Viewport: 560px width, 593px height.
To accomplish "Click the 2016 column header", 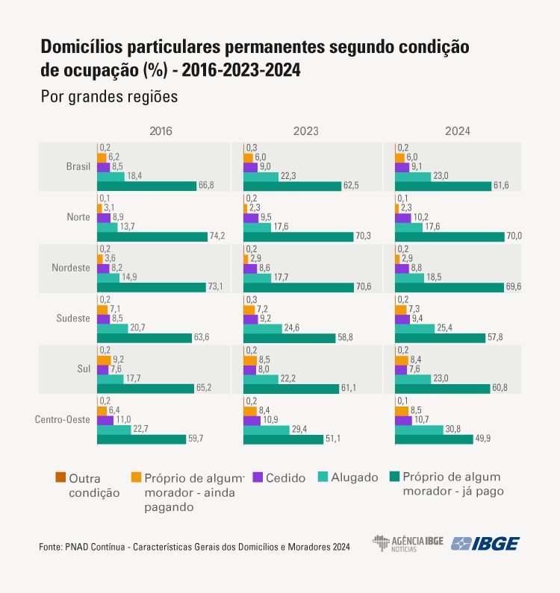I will [x=161, y=131].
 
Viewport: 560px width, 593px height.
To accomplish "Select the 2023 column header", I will [x=306, y=131].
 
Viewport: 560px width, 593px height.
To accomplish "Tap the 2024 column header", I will [x=457, y=131].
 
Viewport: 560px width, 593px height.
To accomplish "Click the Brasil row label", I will [x=78, y=166].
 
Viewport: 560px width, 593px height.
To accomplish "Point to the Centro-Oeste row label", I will [x=63, y=419].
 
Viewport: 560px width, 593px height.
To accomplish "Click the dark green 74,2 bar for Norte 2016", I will [x=152, y=236].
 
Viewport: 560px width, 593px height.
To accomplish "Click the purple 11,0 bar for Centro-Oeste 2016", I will [x=105, y=420].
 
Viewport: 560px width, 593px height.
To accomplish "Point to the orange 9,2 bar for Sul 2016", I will [x=104, y=359].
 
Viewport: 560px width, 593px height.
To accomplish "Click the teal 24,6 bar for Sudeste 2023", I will [x=261, y=327].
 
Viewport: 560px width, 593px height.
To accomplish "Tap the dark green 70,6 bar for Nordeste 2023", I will [x=296, y=287].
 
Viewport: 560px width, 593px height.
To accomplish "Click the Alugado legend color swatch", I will [x=323, y=477].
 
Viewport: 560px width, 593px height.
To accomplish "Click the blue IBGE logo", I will [x=485, y=543].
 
